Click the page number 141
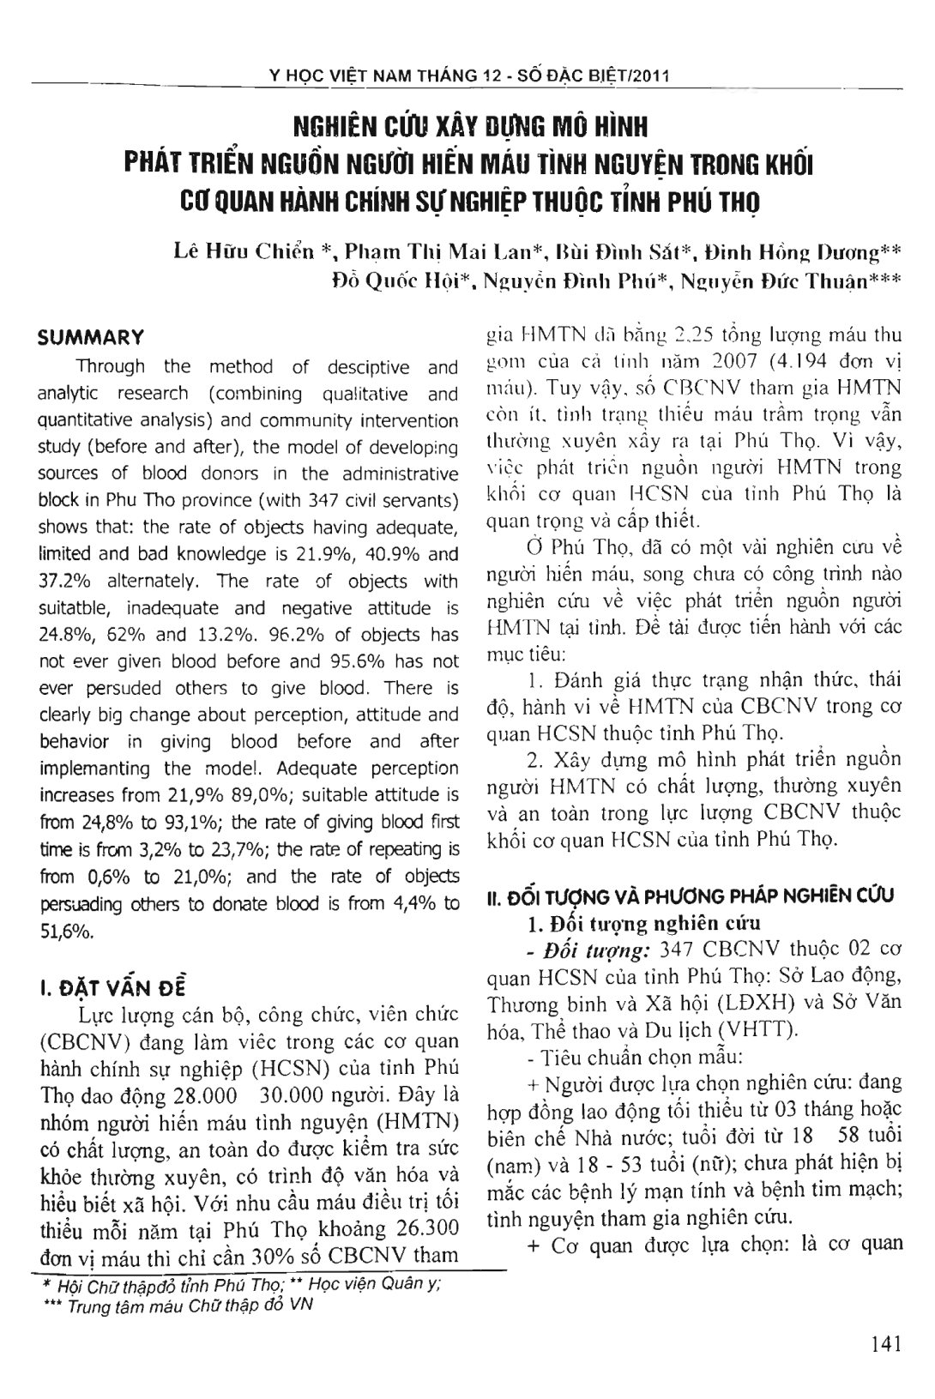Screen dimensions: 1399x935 885,1343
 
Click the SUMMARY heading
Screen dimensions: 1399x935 90,337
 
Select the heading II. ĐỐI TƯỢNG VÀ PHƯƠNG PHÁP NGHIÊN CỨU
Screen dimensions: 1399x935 691,896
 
